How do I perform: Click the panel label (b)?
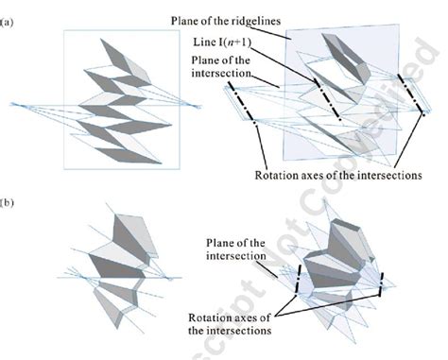coord(9,201)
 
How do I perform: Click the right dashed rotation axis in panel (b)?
coord(380,282)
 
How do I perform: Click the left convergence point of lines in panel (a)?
coord(11,101)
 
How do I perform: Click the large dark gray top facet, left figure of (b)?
coord(124,232)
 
